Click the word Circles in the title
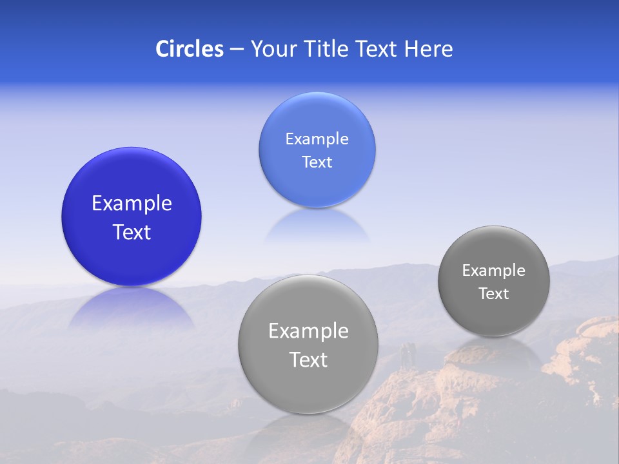coord(190,49)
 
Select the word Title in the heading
coord(329,49)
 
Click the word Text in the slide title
coord(378,49)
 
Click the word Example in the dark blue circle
coord(132,204)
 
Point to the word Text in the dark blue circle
coord(132,232)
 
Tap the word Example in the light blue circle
coord(317,139)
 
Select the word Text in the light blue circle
coord(317,162)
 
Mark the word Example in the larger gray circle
coord(308,331)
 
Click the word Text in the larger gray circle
coord(308,360)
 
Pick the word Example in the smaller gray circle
coord(494,271)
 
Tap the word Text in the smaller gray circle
coord(494,294)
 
